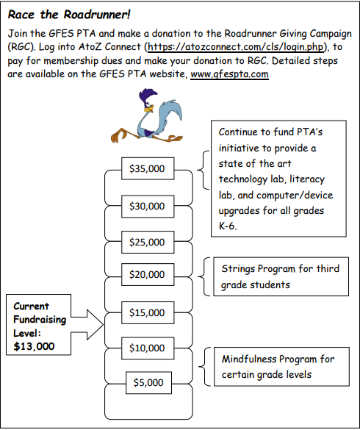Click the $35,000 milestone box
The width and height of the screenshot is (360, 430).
pyautogui.click(x=148, y=168)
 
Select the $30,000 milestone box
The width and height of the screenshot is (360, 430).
pyautogui.click(x=148, y=207)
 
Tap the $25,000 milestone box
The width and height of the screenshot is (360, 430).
pyautogui.click(x=148, y=242)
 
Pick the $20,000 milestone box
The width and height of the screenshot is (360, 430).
pyautogui.click(x=148, y=274)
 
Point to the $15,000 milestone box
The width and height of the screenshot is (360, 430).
pyautogui.click(x=148, y=312)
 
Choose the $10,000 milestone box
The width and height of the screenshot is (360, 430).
pyautogui.click(x=148, y=348)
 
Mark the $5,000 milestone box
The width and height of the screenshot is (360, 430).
pyautogui.click(x=149, y=383)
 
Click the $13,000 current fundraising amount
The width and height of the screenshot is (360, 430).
pyautogui.click(x=34, y=346)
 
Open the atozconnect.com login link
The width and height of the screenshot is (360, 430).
pyautogui.click(x=236, y=47)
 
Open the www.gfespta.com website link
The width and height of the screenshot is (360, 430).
pyautogui.click(x=229, y=74)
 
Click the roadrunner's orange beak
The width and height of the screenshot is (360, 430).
pyautogui.click(x=149, y=109)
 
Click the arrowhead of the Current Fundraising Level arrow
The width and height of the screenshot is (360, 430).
pyautogui.click(x=95, y=325)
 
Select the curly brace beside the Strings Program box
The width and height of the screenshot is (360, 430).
pyautogui.click(x=204, y=276)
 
